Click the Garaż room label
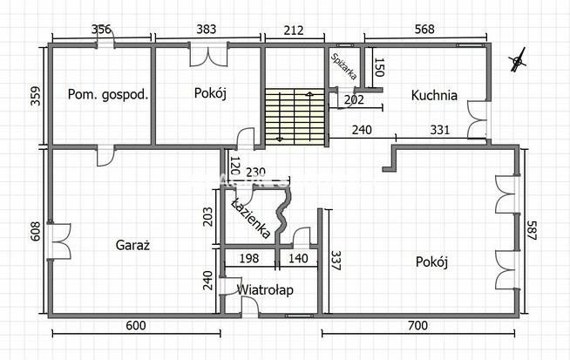click(132, 245)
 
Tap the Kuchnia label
click(434, 95)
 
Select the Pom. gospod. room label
click(108, 94)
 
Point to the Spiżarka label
click(344, 67)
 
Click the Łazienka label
click(252, 218)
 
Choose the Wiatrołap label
click(265, 289)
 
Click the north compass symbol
click(518, 60)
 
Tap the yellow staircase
click(295, 117)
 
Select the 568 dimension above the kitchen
click(424, 29)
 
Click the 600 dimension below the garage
click(136, 325)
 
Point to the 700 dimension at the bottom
click(417, 325)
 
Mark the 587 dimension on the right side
click(531, 230)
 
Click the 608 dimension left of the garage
click(36, 231)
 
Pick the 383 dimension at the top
click(206, 29)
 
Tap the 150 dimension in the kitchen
click(379, 67)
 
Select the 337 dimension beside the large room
click(336, 261)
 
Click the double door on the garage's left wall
click(60, 241)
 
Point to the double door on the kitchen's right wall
click(478, 119)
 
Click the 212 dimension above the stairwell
click(294, 30)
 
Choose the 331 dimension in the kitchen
click(440, 130)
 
